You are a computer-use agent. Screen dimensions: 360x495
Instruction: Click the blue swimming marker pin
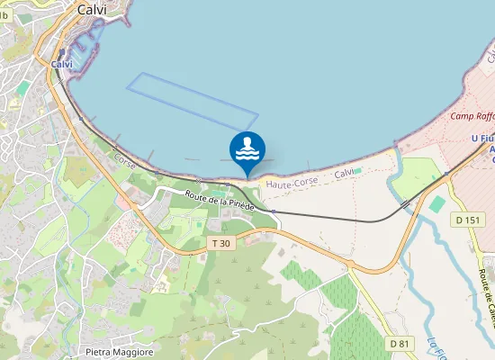247,151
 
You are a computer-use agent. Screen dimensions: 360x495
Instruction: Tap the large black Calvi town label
92,9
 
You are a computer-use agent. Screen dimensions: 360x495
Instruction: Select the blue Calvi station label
62,65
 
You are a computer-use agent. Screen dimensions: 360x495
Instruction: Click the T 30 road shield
220,244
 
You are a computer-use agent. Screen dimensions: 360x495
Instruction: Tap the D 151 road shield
468,220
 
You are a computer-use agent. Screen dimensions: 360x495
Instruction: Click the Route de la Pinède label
220,200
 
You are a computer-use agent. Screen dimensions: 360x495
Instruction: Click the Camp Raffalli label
472,116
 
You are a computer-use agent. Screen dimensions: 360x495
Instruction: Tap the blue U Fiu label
482,138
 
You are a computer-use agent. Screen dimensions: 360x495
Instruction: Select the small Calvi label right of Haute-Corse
344,173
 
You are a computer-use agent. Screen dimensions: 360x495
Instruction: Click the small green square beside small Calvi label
358,169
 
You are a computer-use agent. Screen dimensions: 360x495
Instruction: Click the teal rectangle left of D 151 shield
437,204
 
